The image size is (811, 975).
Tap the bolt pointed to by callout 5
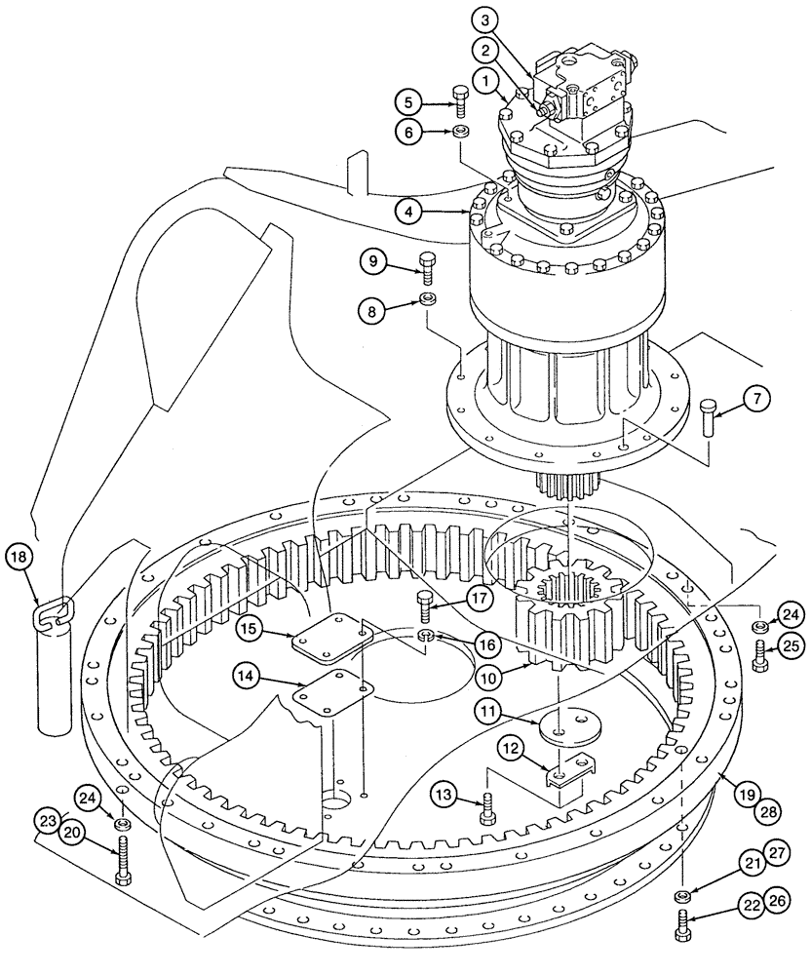point(461,100)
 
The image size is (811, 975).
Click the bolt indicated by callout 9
point(427,265)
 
